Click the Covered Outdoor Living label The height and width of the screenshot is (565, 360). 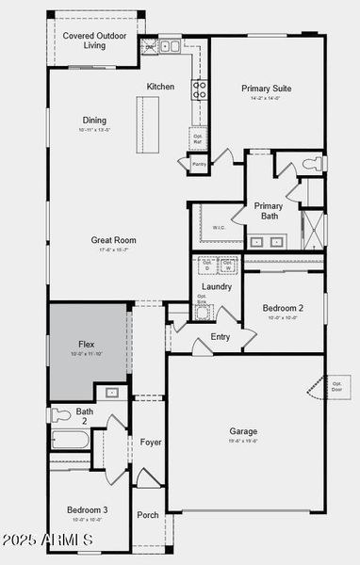94,40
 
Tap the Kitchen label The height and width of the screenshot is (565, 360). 160,87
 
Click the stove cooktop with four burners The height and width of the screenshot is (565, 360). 200,89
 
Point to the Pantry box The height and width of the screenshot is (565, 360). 199,165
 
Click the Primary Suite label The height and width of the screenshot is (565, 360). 266,89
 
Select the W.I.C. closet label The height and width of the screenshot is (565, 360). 218,227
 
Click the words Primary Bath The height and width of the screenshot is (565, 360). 269,212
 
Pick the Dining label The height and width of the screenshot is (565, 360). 94,121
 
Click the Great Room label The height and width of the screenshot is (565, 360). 113,240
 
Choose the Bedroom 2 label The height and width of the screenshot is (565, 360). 283,308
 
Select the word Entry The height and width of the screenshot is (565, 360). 221,336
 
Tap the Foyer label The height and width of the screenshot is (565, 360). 151,442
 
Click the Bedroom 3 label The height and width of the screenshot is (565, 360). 87,509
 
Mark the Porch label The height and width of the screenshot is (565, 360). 148,515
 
